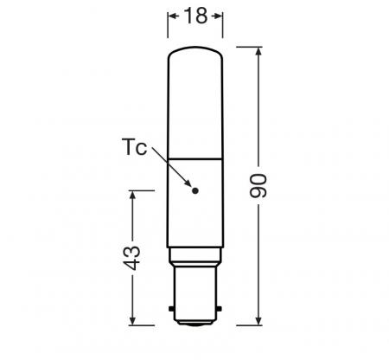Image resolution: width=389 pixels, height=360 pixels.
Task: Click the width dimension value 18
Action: click(x=194, y=16)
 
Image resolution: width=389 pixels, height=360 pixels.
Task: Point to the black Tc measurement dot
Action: click(x=195, y=190)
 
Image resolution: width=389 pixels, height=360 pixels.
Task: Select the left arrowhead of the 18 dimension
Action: click(x=170, y=16)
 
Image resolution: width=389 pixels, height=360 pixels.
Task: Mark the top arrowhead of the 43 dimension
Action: click(x=131, y=196)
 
